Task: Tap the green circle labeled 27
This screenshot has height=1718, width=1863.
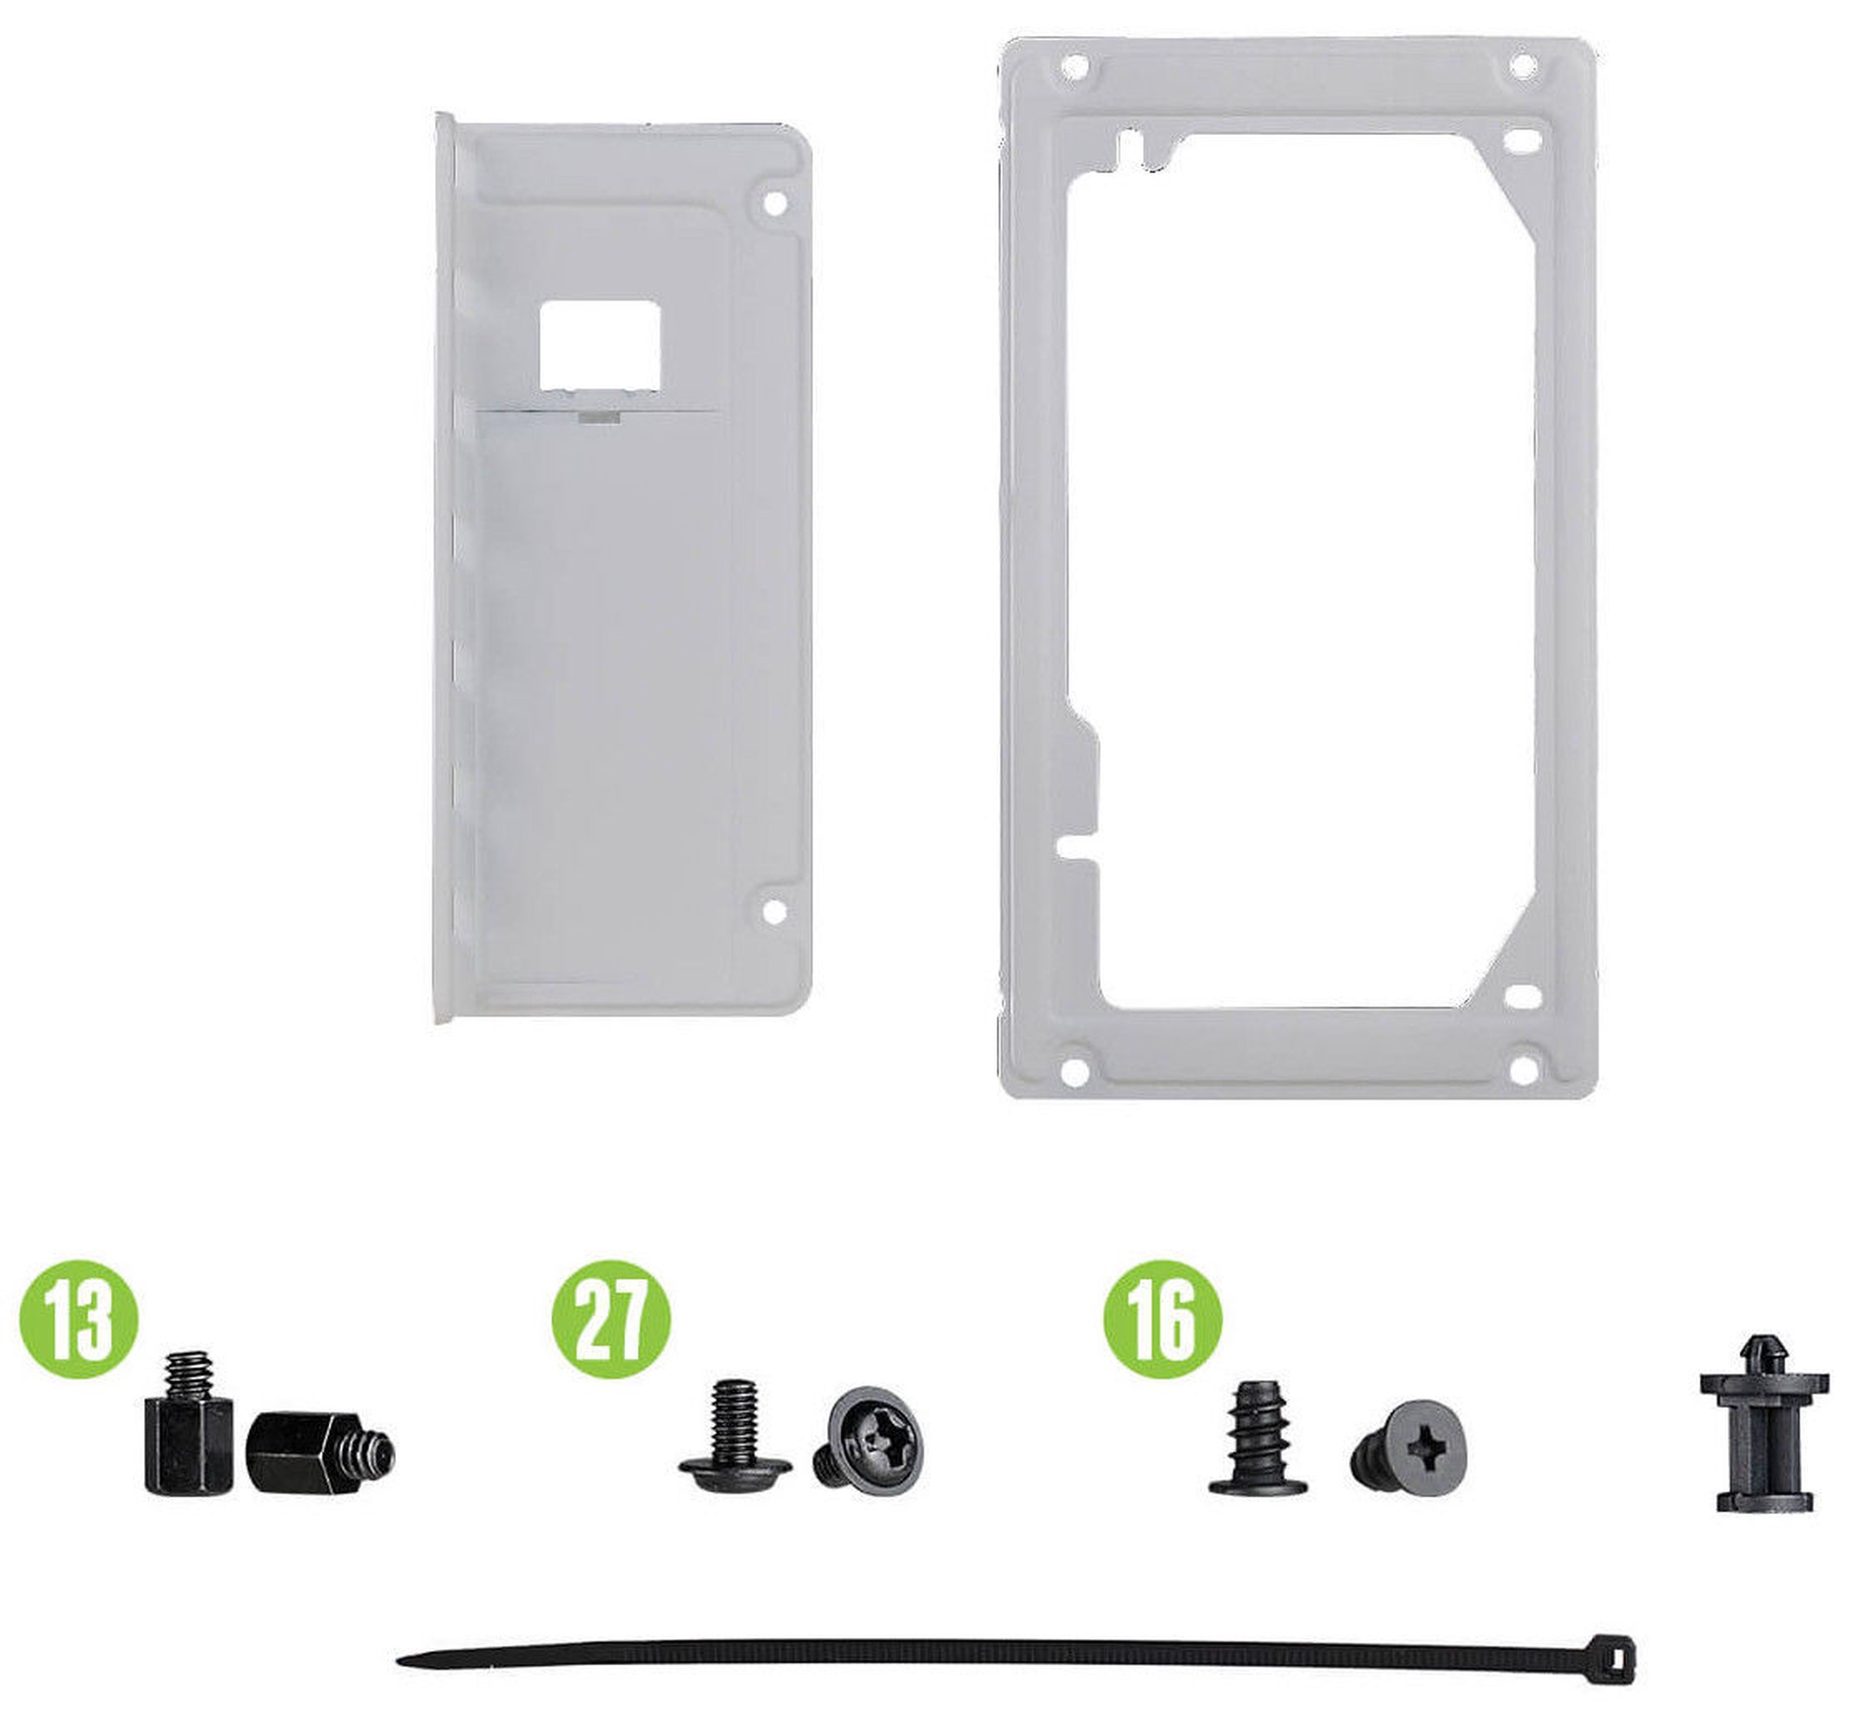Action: (611, 1319)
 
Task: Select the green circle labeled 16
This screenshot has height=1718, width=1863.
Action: (1163, 1319)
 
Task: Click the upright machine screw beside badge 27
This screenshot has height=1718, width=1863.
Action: (736, 1441)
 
